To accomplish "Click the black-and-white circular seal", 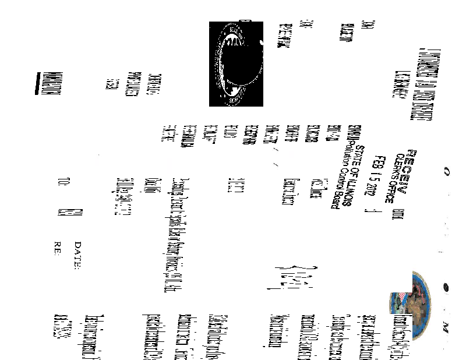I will [x=236, y=64].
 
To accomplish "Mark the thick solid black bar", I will [x=40, y=81].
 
